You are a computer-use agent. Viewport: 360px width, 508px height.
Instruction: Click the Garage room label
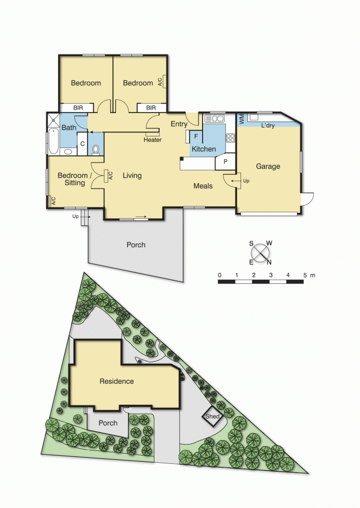(x=268, y=167)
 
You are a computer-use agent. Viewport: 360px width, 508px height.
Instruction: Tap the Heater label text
(x=152, y=140)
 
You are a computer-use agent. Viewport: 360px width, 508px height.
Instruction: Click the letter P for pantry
(x=225, y=162)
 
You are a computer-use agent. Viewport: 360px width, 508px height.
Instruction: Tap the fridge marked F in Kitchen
(x=196, y=136)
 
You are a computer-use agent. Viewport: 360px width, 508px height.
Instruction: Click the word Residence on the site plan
(x=117, y=381)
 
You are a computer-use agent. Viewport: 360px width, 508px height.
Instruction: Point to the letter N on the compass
(x=269, y=262)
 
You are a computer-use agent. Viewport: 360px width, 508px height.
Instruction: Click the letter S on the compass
(x=251, y=243)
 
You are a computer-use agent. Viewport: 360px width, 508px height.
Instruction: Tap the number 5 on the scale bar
(x=304, y=275)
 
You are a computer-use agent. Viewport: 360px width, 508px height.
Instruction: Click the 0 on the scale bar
(x=219, y=275)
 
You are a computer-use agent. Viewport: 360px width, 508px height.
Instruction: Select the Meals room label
(x=203, y=186)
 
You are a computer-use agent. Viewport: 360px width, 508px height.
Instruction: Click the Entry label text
(x=179, y=124)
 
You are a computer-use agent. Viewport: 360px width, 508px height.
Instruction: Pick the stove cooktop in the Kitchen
(x=230, y=137)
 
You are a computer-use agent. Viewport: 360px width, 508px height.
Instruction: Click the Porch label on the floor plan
(x=136, y=245)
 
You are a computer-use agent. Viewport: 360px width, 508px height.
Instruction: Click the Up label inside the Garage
(x=246, y=181)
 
